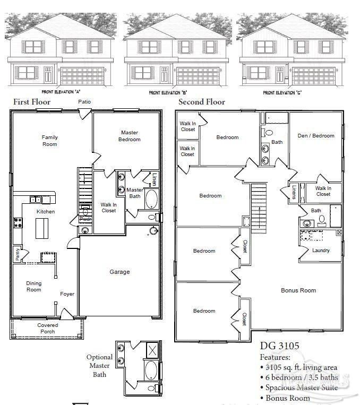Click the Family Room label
[50, 141]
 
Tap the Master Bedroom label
[130, 136]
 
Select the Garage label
[119, 272]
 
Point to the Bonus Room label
[298, 290]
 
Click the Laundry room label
[321, 251]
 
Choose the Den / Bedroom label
[316, 136]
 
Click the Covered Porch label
[48, 329]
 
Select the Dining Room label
[34, 286]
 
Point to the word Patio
[84, 101]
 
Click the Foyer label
[67, 294]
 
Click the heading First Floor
[32, 101]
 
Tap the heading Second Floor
[202, 101]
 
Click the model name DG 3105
[279, 346]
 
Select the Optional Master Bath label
[100, 366]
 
